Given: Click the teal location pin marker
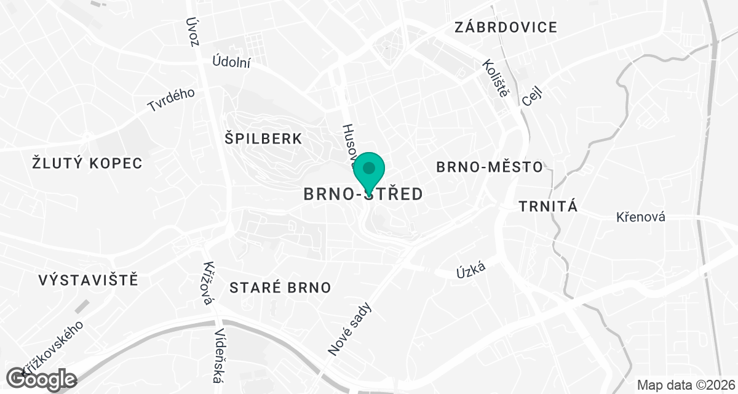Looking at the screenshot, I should pyautogui.click(x=369, y=171).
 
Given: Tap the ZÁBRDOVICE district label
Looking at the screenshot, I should pyautogui.click(x=506, y=27).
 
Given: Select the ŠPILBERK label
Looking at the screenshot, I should pyautogui.click(x=264, y=139).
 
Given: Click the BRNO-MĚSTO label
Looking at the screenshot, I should pyautogui.click(x=489, y=167).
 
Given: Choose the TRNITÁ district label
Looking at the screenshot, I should pyautogui.click(x=549, y=206).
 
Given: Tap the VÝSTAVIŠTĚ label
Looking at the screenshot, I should pyautogui.click(x=88, y=280).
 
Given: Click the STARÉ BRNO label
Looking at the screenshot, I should pyautogui.click(x=280, y=287).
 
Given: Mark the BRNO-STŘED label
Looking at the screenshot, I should pyautogui.click(x=363, y=195).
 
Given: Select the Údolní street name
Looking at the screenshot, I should pyautogui.click(x=231, y=61).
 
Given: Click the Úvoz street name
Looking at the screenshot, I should pyautogui.click(x=194, y=31).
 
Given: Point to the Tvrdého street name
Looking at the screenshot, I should pyautogui.click(x=171, y=100).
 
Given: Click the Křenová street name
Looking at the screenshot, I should pyautogui.click(x=641, y=217).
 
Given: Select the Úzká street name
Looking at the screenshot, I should pyautogui.click(x=472, y=268).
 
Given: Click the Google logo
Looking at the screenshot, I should pyautogui.click(x=41, y=379).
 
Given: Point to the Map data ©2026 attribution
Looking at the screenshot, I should pyautogui.click(x=685, y=385).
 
